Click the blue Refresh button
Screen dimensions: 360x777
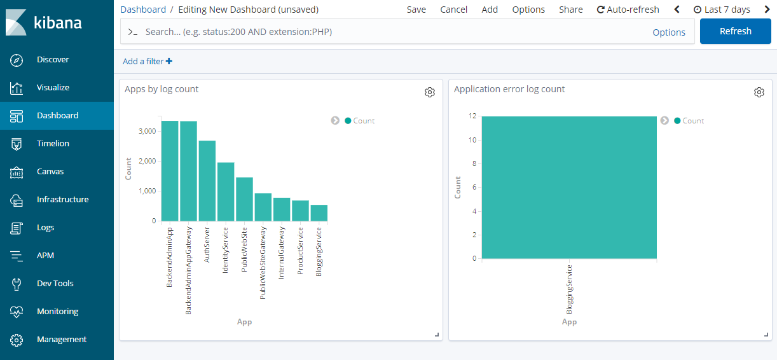pos(735,31)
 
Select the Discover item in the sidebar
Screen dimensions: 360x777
pos(53,60)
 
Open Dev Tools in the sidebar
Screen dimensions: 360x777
pos(55,284)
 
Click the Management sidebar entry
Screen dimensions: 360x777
pos(61,340)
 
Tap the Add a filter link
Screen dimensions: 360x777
pos(148,62)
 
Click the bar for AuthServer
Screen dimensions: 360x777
pos(207,181)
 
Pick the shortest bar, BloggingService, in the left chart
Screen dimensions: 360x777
pos(319,213)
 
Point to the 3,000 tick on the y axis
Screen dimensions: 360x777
pos(147,131)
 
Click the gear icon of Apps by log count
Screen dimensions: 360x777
pos(430,92)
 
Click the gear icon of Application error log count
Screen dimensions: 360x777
pos(759,92)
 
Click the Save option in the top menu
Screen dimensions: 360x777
pos(416,10)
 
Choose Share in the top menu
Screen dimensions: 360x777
pos(570,10)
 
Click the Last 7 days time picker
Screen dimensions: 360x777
pos(722,10)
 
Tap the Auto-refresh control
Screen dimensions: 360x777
pos(628,10)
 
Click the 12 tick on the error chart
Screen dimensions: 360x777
pos(472,116)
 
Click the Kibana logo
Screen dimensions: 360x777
pos(45,23)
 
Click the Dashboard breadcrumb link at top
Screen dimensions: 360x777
pos(143,10)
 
